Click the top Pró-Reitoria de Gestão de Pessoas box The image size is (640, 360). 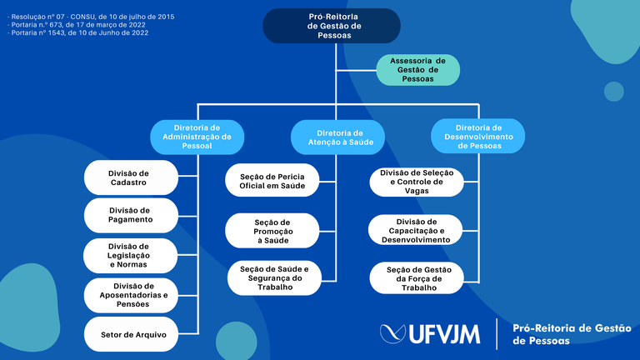click(x=332, y=26)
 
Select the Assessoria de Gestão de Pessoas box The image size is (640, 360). click(x=418, y=70)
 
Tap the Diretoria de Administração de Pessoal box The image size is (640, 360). click(x=197, y=137)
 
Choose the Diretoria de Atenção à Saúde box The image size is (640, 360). click(x=337, y=137)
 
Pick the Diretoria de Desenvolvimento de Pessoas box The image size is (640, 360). click(x=478, y=137)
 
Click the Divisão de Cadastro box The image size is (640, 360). click(x=131, y=177)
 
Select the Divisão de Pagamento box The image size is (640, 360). click(x=131, y=215)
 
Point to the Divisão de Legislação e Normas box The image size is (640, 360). click(x=131, y=256)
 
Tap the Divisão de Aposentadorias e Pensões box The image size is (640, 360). click(x=131, y=295)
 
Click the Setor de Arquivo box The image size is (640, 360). click(x=131, y=334)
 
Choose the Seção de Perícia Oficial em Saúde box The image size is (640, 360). click(x=272, y=180)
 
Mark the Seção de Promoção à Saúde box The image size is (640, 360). click(x=272, y=231)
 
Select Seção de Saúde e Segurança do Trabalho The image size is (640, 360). click(x=274, y=278)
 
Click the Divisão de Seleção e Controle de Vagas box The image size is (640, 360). click(x=417, y=182)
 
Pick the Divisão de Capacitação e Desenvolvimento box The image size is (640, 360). click(x=416, y=230)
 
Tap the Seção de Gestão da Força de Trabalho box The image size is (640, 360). click(x=417, y=278)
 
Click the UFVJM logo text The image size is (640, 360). click(x=444, y=334)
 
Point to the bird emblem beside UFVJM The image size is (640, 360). click(x=392, y=333)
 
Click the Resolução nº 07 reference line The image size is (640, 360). click(x=91, y=17)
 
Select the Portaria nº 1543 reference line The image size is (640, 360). click(x=78, y=32)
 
